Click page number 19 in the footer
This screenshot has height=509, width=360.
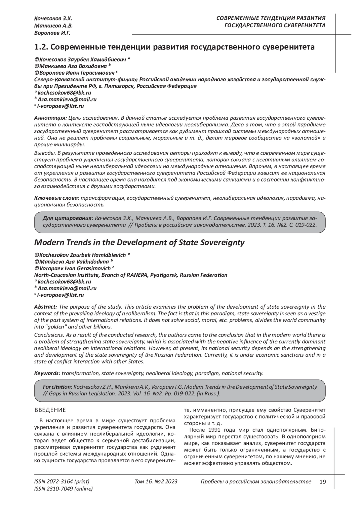322,481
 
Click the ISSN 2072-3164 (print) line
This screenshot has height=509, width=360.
62,481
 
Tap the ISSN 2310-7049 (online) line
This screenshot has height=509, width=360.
63,489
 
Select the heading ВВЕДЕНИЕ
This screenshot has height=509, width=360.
50,410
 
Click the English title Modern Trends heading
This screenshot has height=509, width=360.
139,242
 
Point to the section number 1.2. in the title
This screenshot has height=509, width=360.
40,47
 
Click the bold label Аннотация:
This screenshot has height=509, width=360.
50,117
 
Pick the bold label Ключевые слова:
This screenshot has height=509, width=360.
56,198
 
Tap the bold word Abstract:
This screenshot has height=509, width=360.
46,307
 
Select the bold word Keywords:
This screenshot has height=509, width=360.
47,373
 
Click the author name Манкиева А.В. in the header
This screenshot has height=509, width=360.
53,26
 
